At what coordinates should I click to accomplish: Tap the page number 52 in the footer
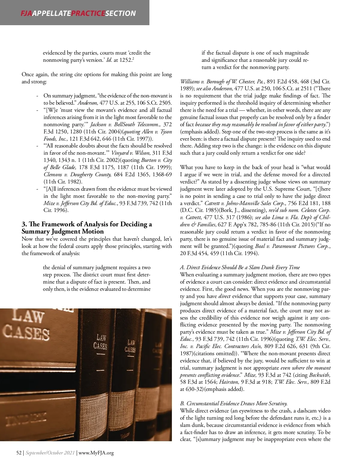pos(19,453)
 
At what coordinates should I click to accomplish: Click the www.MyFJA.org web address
pos(96,453)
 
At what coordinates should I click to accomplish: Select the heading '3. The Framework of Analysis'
pos(86,224)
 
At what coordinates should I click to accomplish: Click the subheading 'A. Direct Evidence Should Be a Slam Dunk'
pos(240,267)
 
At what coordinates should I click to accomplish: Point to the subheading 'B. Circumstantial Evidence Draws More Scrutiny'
pos(234,403)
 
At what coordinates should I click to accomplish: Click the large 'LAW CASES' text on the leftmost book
pos(27,325)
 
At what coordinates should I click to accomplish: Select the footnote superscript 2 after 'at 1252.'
pos(133,58)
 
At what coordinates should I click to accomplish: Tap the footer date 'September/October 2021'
pos(50,453)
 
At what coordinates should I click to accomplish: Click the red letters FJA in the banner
pos(26,13)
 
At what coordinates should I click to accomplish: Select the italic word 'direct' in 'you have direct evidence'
pos(224,296)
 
